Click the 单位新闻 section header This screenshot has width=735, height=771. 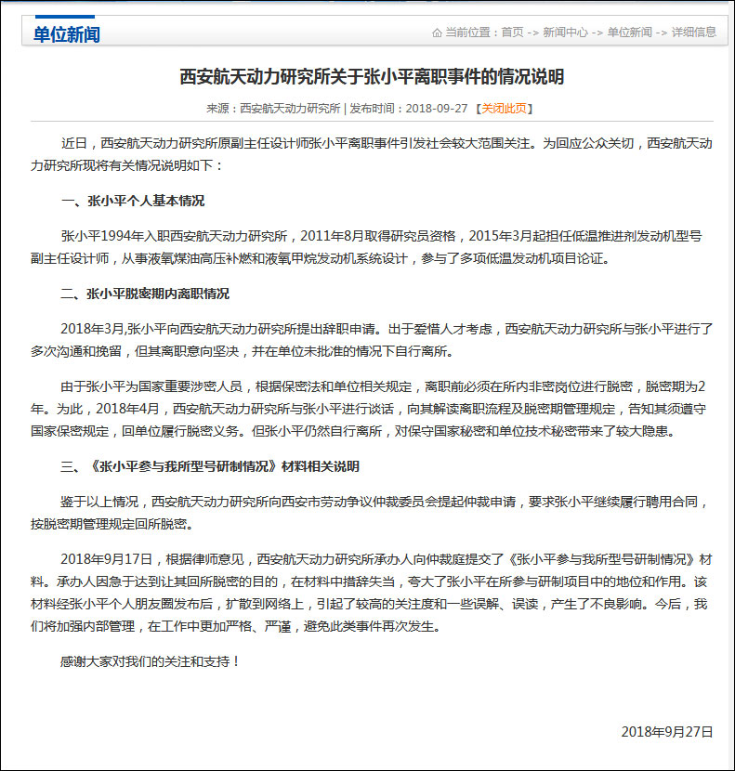(x=66, y=34)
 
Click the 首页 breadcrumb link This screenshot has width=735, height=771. (x=512, y=32)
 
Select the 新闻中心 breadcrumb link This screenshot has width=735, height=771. (x=565, y=32)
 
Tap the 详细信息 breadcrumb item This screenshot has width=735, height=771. (x=694, y=32)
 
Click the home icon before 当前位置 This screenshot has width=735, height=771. (x=437, y=33)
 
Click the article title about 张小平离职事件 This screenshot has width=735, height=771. (x=371, y=76)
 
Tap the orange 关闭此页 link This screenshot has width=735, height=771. (x=505, y=109)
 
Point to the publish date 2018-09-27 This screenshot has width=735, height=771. (x=437, y=109)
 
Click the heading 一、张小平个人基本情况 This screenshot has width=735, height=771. (x=132, y=201)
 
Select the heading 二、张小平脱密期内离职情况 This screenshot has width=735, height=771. (x=144, y=294)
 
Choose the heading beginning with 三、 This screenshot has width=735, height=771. (x=209, y=466)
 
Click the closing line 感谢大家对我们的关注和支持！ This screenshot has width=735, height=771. (x=151, y=661)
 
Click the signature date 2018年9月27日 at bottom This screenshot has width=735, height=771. (x=667, y=732)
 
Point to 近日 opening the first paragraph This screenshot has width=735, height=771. (x=73, y=143)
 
